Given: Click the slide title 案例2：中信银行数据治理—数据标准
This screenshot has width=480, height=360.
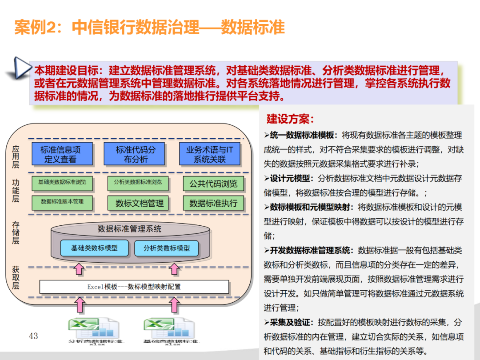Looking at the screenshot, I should coord(149,28).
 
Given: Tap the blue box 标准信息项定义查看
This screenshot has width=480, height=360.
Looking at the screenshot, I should coord(60,154).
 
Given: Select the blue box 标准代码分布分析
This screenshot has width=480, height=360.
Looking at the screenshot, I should coord(136,154).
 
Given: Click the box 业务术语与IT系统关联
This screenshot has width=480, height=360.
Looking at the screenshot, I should coord(210,154).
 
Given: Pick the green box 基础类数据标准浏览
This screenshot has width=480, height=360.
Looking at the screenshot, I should coord(62,182).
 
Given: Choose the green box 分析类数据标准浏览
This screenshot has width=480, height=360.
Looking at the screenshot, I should coord(138,182).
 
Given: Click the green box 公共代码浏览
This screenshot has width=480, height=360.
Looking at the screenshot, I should coord(213,184).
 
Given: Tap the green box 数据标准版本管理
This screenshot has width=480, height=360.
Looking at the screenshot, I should coord(62,202).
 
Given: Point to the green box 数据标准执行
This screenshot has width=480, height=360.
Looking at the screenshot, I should coord(213,203).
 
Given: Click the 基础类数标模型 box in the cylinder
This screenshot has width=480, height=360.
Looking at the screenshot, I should coord(94,248).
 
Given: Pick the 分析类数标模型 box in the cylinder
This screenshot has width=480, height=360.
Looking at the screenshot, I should coord(167,248).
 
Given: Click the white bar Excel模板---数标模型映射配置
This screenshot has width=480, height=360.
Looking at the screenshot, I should coord(134,287).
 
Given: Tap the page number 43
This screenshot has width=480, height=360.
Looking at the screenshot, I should coord(34,336).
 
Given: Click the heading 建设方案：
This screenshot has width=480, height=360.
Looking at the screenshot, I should coord(290,119).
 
